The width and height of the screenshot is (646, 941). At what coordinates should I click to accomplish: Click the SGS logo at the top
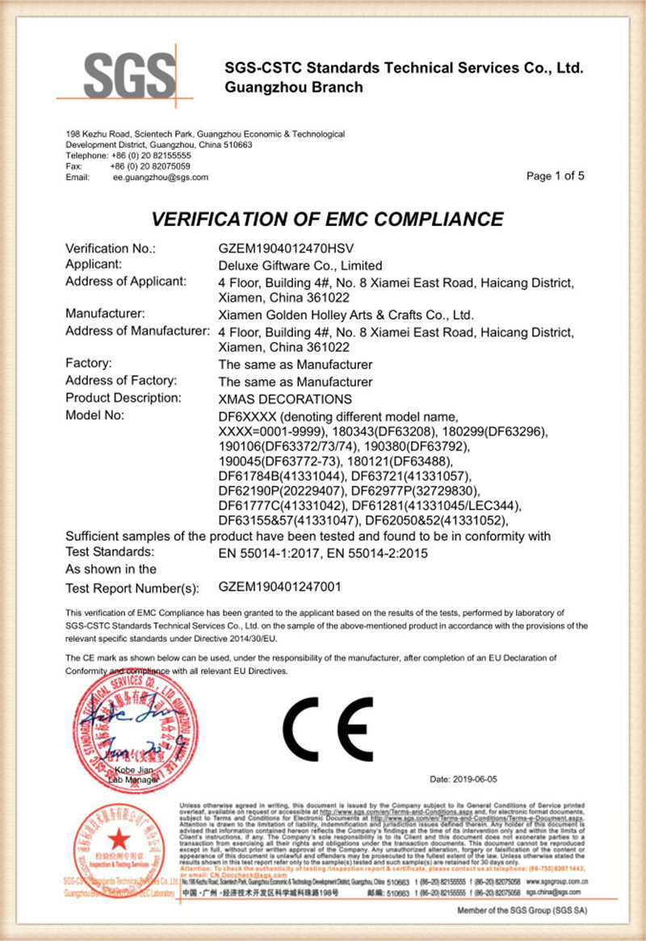click(x=129, y=78)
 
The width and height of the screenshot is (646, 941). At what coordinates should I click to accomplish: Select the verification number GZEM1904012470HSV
click(x=295, y=249)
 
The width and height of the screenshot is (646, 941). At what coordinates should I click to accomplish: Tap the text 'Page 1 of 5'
click(x=555, y=176)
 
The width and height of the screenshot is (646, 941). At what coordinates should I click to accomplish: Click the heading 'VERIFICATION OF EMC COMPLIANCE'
click(x=327, y=219)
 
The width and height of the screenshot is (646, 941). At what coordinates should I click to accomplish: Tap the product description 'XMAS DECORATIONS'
click(x=286, y=399)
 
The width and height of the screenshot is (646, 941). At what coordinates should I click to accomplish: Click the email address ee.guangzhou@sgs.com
click(x=160, y=177)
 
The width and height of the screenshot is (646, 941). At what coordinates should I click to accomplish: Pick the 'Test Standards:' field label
click(x=109, y=552)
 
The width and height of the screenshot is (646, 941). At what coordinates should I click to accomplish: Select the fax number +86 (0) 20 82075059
click(x=150, y=165)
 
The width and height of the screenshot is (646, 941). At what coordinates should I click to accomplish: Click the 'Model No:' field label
click(x=94, y=416)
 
